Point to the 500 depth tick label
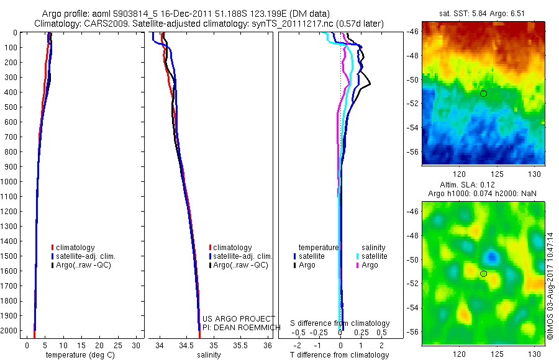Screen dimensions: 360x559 point(10,107)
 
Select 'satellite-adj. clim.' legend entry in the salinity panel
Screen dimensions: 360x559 point(243,256)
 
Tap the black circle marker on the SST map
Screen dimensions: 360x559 point(483,94)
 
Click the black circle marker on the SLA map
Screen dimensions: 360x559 point(483,274)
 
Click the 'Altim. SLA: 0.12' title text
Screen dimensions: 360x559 point(483,186)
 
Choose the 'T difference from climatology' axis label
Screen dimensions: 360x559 point(340,355)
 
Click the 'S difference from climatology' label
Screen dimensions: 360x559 point(340,323)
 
